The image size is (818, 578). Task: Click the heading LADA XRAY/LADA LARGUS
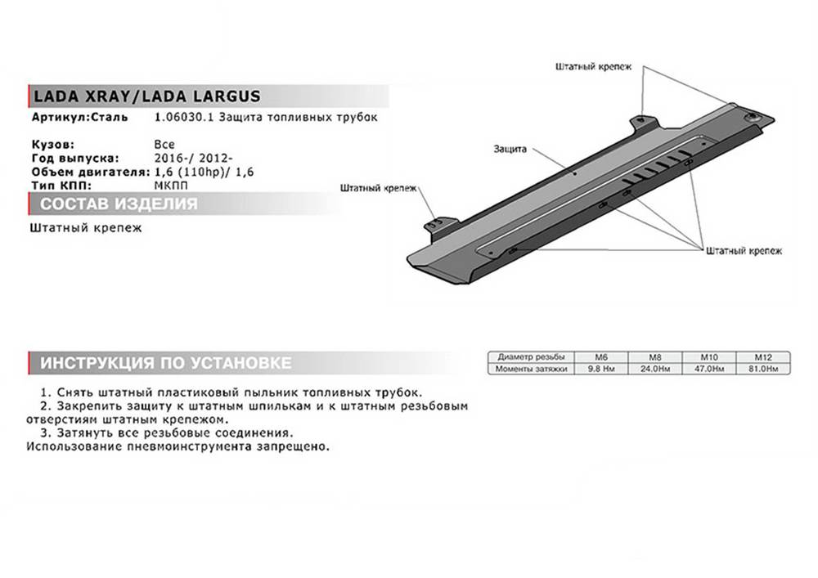(146, 96)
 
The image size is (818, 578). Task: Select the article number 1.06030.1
(184, 117)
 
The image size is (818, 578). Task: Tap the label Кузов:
(52, 145)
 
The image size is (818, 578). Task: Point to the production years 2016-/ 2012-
(194, 158)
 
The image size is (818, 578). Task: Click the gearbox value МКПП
(171, 186)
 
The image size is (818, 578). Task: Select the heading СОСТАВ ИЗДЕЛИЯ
(119, 204)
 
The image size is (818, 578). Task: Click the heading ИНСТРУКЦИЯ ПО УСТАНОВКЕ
(166, 363)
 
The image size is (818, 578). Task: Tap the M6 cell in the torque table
(601, 357)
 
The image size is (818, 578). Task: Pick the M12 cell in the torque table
(762, 357)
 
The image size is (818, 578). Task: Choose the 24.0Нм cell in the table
(655, 369)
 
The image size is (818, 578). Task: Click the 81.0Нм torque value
(762, 369)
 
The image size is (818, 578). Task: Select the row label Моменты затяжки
(531, 369)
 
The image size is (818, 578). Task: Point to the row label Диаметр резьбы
(531, 357)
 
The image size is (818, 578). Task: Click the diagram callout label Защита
(510, 149)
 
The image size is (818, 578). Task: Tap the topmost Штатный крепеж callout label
(593, 67)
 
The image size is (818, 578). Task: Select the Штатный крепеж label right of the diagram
(744, 251)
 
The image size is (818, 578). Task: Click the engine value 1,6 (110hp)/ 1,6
(204, 172)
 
